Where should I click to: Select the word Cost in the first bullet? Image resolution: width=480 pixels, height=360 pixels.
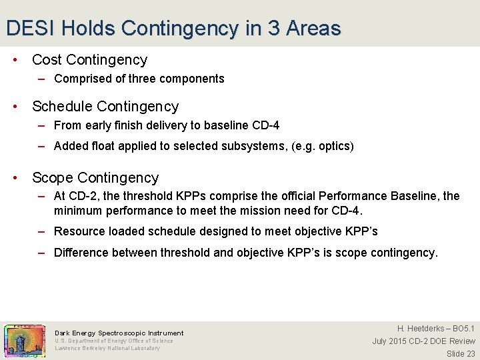point(47,60)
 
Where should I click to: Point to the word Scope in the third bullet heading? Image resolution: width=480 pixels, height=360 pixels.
point(53,178)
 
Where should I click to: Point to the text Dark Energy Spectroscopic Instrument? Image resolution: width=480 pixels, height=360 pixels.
point(119,333)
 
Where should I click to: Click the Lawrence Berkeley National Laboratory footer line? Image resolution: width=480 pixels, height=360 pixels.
point(107,348)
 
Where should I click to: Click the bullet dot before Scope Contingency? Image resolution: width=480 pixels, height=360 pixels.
point(17,178)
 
